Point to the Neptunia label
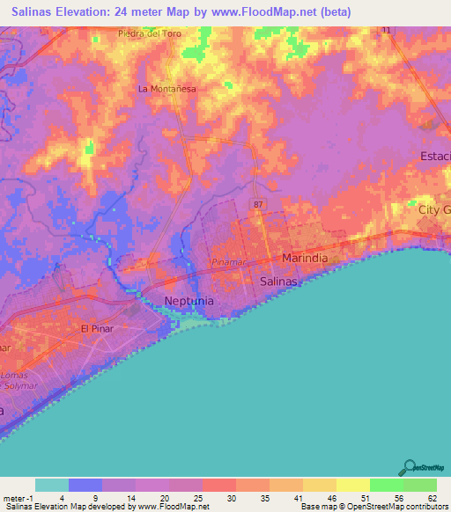pyautogui.click(x=190, y=302)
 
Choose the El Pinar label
pyautogui.click(x=97, y=328)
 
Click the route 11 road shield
pyautogui.click(x=386, y=31)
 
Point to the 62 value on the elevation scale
pyautogui.click(x=431, y=497)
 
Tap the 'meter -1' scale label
pyautogui.click(x=16, y=497)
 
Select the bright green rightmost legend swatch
pyautogui.click(x=420, y=485)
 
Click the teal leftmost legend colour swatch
pyautogui.click(x=52, y=485)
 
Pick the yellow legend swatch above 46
pyautogui.click(x=320, y=485)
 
